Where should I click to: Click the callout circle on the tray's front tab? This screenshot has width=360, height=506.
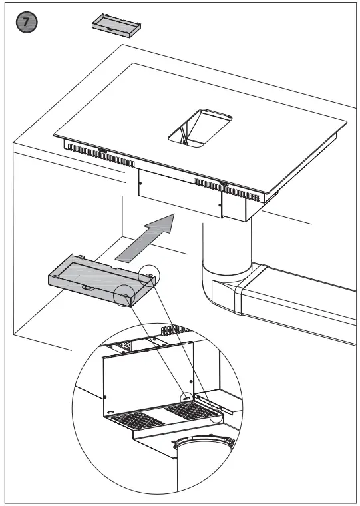click(x=124, y=294)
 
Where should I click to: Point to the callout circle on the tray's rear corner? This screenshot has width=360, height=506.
click(x=150, y=274)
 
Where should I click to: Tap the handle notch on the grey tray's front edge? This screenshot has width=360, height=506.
click(x=87, y=286)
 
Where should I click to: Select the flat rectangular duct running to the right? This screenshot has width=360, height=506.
click(x=299, y=293)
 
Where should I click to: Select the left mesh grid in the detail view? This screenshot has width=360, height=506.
click(x=138, y=421)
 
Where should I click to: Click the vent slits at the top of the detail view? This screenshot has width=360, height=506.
click(x=173, y=331)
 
